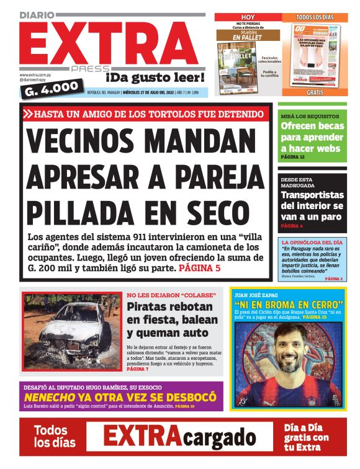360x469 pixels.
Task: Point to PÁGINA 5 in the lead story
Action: coord(199,269)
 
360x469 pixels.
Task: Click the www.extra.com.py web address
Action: coord(37,74)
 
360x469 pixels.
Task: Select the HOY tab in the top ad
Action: coord(247,17)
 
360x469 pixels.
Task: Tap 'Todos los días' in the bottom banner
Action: coord(55,436)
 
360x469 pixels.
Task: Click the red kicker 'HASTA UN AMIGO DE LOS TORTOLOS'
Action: coord(145,114)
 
